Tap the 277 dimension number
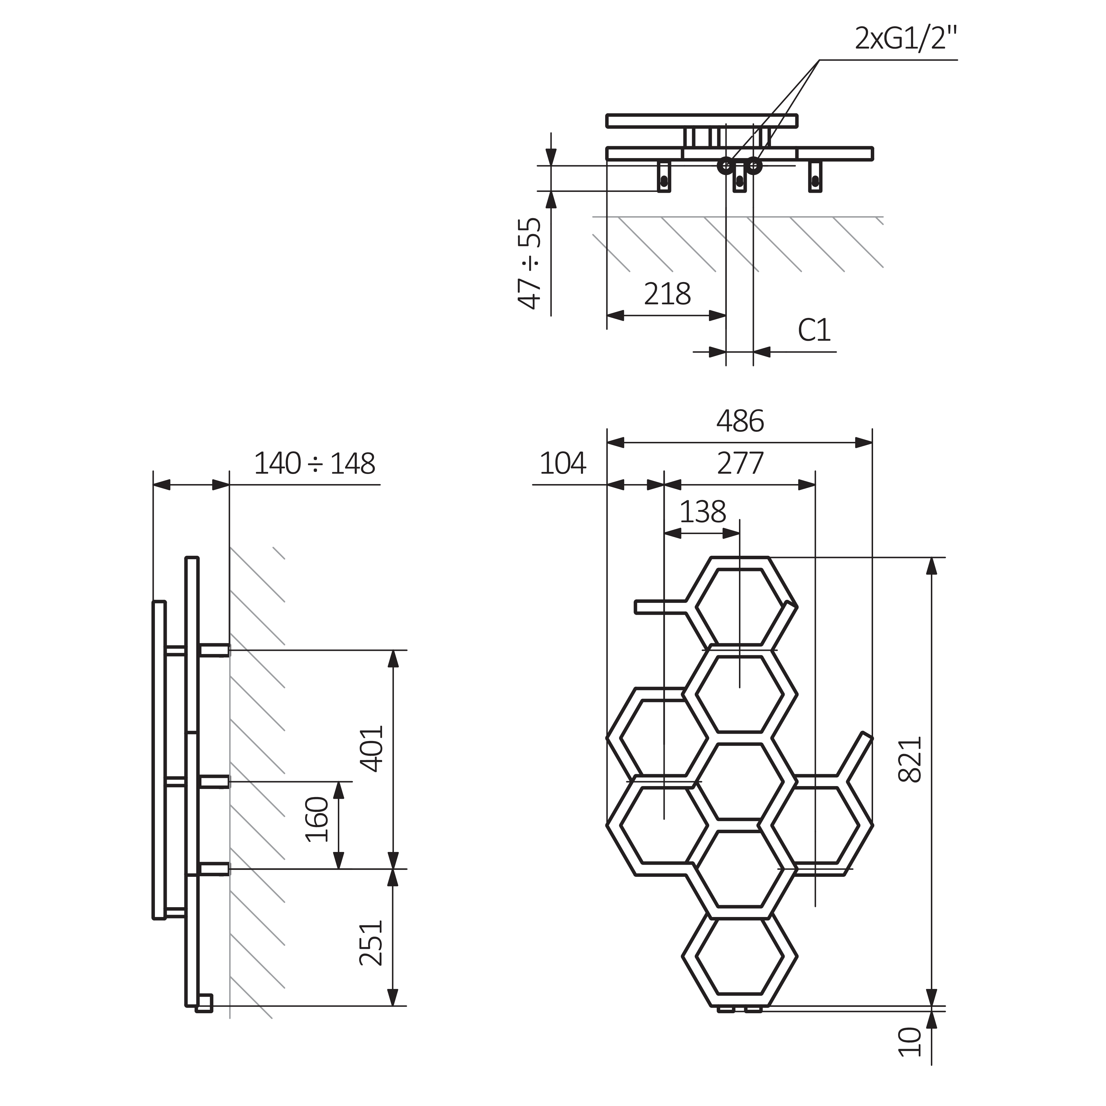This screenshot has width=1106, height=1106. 740,464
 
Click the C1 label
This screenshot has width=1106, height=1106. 814,330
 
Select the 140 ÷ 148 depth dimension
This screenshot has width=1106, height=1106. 314,464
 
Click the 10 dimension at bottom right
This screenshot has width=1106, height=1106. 910,1058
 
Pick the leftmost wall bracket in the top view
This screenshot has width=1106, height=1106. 664,177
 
